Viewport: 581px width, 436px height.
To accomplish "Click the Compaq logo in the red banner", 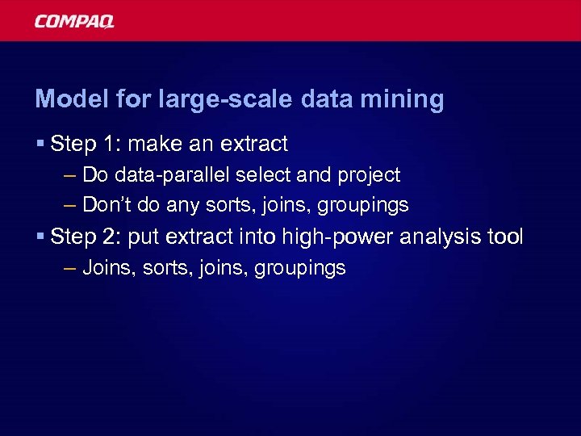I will click(x=74, y=22).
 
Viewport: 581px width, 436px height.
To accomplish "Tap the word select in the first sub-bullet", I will click(x=257, y=174).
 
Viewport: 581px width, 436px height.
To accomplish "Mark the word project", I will click(x=369, y=175).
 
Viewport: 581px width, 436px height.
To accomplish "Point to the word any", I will click(x=182, y=206).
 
